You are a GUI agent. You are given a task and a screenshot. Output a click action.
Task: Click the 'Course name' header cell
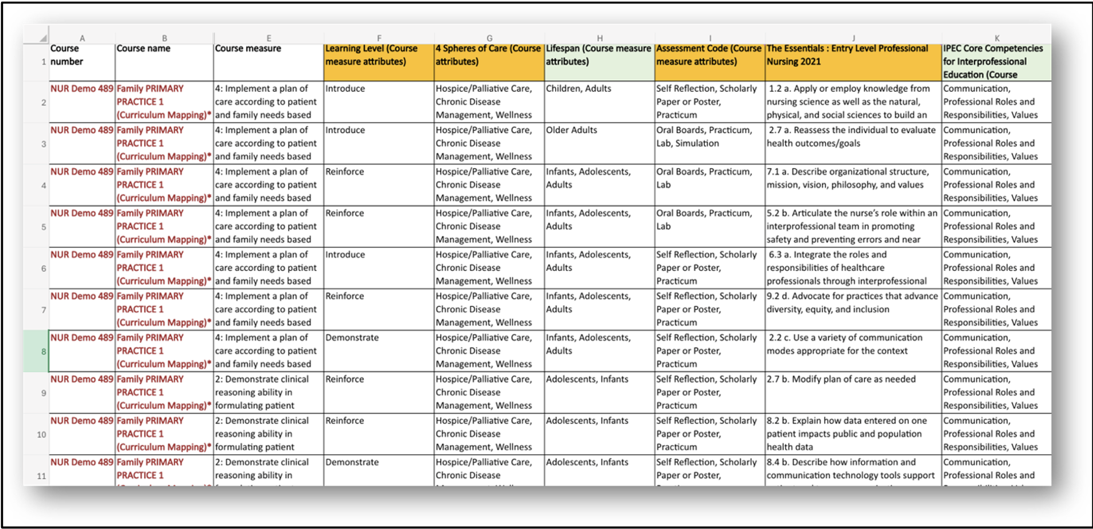click(x=164, y=61)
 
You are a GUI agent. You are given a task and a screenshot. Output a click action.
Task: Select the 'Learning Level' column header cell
click(x=379, y=61)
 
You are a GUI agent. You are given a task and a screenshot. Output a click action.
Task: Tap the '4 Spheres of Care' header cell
click(x=489, y=61)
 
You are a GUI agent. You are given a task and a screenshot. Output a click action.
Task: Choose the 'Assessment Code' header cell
click(x=710, y=61)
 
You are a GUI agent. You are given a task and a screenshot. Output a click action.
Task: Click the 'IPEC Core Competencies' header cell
click(x=996, y=61)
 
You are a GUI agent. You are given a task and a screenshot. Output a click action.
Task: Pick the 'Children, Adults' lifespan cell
click(x=599, y=102)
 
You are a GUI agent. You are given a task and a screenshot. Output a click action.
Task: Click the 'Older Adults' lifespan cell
click(x=599, y=143)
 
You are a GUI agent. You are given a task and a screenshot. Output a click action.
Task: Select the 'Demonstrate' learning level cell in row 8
click(x=379, y=351)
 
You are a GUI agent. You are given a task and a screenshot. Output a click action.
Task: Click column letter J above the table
click(x=853, y=38)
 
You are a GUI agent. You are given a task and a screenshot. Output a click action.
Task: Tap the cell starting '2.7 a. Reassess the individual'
click(x=853, y=143)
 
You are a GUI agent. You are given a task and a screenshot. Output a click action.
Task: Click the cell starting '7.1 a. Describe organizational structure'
click(x=853, y=185)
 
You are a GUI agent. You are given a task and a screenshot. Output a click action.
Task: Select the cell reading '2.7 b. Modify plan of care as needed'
click(x=853, y=392)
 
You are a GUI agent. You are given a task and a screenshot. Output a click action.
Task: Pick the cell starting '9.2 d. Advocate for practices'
click(x=853, y=309)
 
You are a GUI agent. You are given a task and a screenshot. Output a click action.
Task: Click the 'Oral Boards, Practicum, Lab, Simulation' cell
click(x=710, y=143)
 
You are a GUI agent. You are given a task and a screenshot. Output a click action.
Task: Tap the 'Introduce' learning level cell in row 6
click(x=379, y=268)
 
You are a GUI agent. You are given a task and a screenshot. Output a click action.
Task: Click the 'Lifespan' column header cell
click(x=599, y=61)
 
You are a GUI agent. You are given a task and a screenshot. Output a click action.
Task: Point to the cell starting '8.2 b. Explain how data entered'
click(x=853, y=433)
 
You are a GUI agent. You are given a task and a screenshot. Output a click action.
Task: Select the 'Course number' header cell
click(x=82, y=61)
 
